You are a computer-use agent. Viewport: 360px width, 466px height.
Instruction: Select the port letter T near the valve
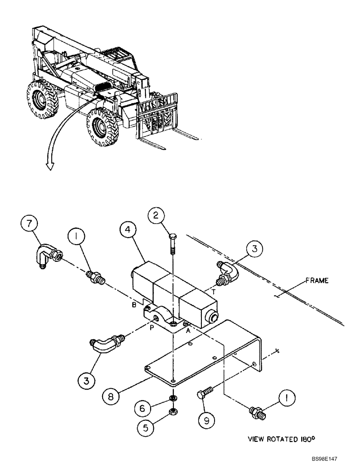(213, 291)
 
